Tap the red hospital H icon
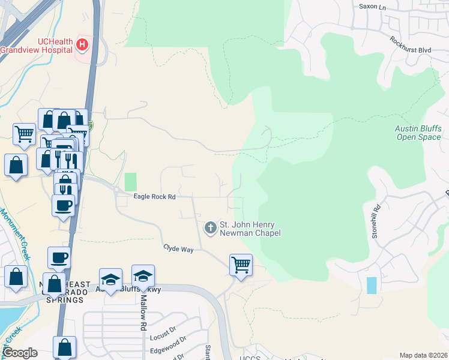pos(82,44)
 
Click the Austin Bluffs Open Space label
pos(418,133)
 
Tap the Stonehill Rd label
pos(376,223)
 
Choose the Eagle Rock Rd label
pos(154,197)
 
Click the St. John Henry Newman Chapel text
pos(250,229)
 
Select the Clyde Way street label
pos(178,248)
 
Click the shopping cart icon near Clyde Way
pos(241,264)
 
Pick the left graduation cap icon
pos(110,278)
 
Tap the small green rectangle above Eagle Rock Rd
pos(130,182)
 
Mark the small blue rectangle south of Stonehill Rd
pos(372,285)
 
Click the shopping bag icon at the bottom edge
pos(64,347)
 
